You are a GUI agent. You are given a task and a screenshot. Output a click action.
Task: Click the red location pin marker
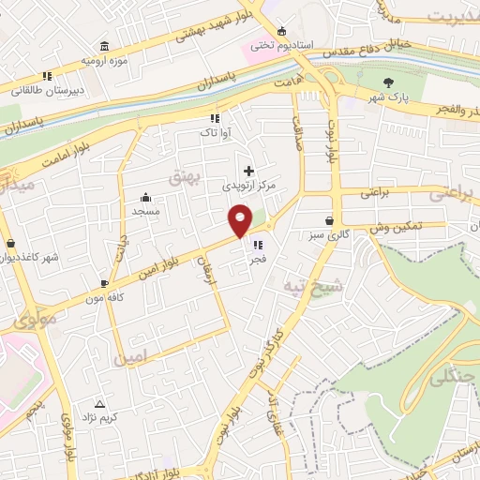pyautogui.click(x=240, y=220)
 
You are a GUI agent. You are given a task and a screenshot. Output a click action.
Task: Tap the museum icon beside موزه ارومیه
pyautogui.click(x=103, y=47)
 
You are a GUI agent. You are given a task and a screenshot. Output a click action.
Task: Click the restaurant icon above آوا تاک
pyautogui.click(x=214, y=119)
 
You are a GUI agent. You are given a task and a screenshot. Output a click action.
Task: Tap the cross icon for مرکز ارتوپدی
pyautogui.click(x=248, y=171)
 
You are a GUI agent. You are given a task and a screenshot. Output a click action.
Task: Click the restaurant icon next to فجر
pyautogui.click(x=257, y=246)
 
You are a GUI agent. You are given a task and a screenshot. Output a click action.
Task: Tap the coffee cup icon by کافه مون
pyautogui.click(x=104, y=281)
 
